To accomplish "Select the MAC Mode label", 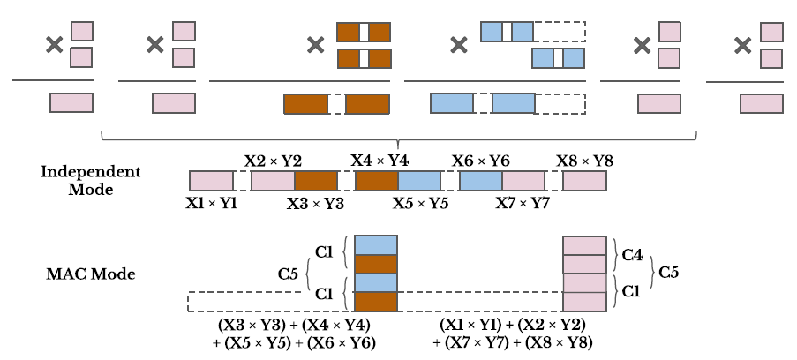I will click(x=90, y=274).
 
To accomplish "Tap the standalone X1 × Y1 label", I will click(x=211, y=202).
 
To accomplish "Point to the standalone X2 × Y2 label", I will click(x=273, y=161).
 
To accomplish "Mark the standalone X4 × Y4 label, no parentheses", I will click(x=380, y=161).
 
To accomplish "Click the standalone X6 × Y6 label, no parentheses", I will click(x=481, y=161).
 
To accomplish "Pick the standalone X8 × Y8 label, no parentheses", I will click(x=584, y=161).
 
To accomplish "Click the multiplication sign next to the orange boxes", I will click(x=315, y=44).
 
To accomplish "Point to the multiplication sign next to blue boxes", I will click(x=458, y=43).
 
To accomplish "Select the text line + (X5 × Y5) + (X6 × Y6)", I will click(x=294, y=342).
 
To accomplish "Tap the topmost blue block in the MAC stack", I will click(x=376, y=244).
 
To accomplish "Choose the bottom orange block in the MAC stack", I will click(x=376, y=301).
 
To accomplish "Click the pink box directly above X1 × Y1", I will click(x=211, y=181).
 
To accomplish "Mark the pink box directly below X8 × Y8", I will click(x=584, y=181).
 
